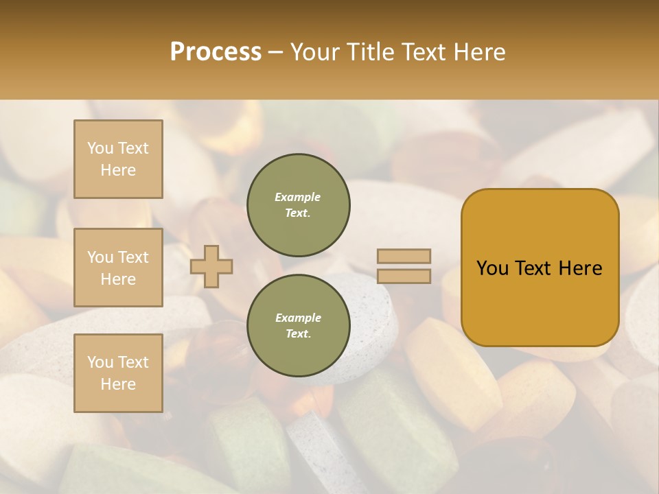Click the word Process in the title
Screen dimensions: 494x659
[216, 52]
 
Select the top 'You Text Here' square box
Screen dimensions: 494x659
[118, 159]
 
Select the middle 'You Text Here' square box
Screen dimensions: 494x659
[118, 268]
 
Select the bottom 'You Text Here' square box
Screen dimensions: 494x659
[118, 373]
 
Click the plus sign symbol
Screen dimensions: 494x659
[211, 266]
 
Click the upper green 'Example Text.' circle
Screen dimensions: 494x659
[298, 205]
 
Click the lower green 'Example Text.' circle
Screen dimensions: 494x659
[298, 326]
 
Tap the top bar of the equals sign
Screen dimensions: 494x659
[404, 256]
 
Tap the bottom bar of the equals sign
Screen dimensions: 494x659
[404, 276]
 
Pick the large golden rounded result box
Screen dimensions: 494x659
[540, 302]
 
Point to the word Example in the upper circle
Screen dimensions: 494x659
[298, 197]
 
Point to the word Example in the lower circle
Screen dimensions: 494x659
[298, 318]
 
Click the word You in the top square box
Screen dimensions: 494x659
[100, 148]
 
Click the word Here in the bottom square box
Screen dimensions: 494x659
[118, 384]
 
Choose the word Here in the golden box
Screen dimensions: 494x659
[580, 268]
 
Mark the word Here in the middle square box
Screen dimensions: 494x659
[118, 279]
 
